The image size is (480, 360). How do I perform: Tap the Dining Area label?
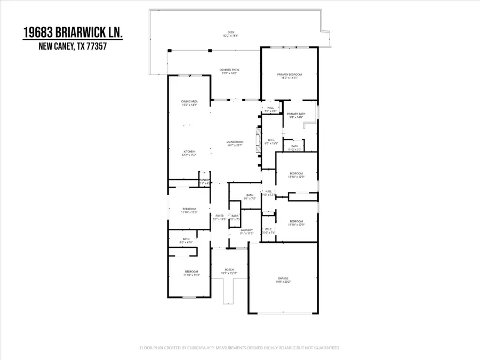click(189, 102)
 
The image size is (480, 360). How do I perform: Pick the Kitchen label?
click(189, 153)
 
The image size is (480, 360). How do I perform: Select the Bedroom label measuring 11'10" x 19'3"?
click(191, 273)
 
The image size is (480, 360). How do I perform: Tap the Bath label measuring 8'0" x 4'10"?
click(186, 240)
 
